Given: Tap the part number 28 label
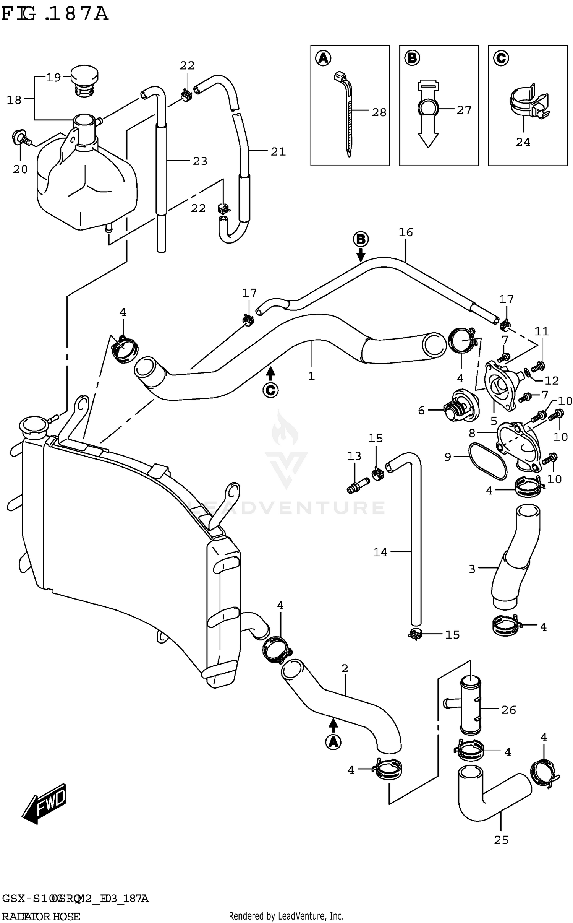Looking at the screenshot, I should pyautogui.click(x=379, y=112).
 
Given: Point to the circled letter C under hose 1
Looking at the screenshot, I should pyautogui.click(x=270, y=390).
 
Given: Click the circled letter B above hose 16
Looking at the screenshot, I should pyautogui.click(x=360, y=240).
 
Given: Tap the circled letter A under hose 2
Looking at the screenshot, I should pyautogui.click(x=333, y=742).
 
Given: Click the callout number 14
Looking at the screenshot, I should pyautogui.click(x=380, y=552).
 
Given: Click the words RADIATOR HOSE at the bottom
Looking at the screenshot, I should pyautogui.click(x=41, y=916).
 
